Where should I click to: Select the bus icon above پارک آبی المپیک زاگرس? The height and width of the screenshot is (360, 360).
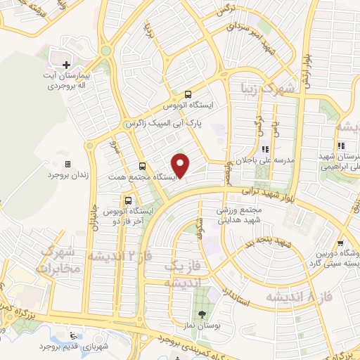pos(188,94)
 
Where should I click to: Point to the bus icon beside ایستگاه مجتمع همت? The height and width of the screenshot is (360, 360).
pos(143,167)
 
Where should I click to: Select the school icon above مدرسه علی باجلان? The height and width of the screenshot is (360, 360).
pos(265,149)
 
